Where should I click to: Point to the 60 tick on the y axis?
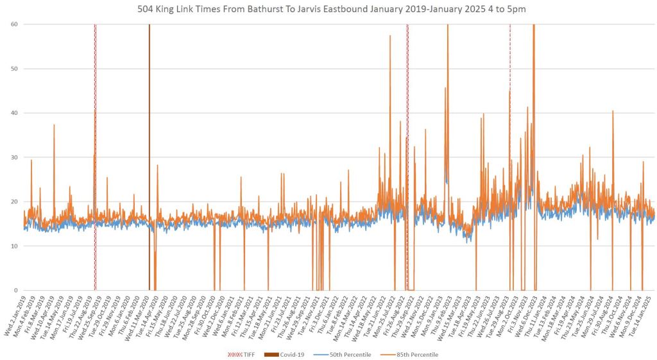click(13, 24)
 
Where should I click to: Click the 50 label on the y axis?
click(13, 68)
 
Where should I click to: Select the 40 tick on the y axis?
click(13, 112)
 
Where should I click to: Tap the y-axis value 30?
click(13, 157)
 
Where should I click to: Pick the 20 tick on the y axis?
click(13, 201)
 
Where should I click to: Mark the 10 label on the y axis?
click(13, 246)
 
